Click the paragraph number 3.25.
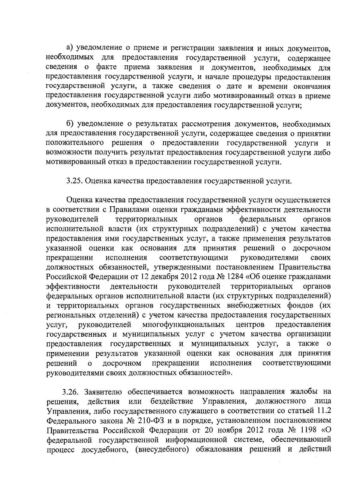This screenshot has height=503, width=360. click(73, 181)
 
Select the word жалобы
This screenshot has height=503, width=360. click(301, 392)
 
